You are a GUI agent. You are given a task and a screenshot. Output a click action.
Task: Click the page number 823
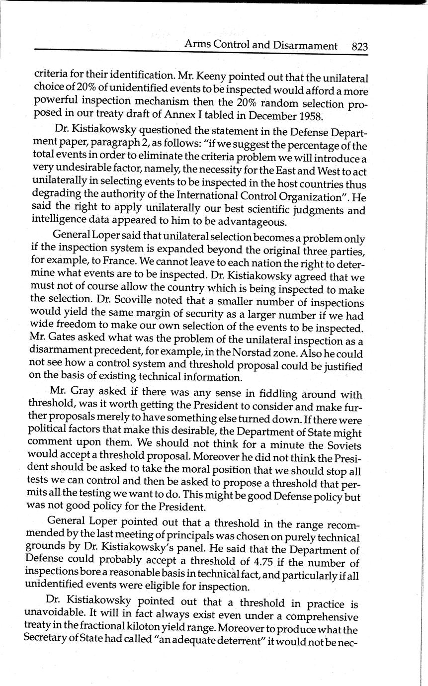[x=359, y=47]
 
